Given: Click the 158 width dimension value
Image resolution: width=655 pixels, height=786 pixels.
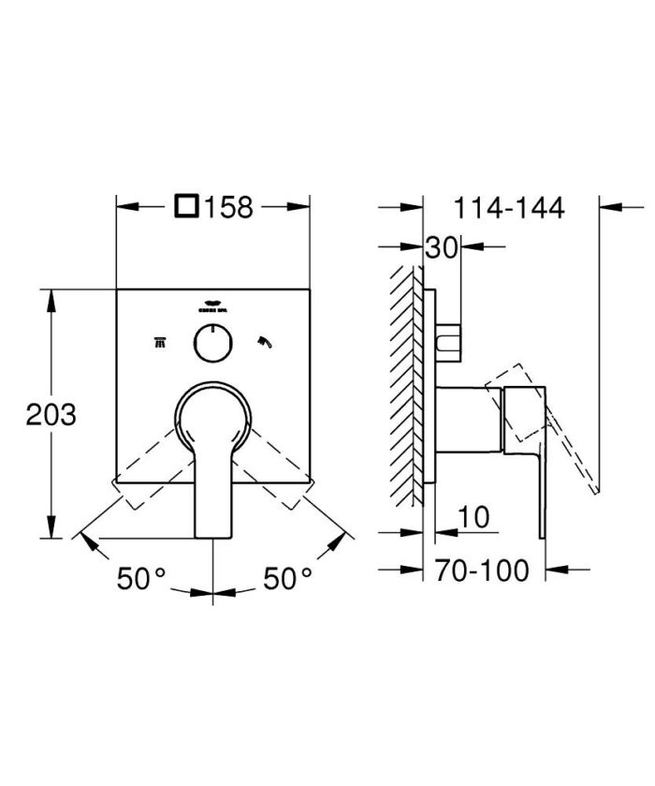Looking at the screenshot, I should tap(229, 206).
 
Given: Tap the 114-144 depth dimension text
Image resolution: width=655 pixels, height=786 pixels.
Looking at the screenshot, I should tap(510, 207).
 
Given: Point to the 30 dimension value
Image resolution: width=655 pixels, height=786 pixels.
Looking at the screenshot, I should tap(442, 248).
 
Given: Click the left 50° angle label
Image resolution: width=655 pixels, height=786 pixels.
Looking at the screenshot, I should tap(140, 579).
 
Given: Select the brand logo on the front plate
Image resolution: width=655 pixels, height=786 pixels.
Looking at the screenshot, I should tap(212, 304).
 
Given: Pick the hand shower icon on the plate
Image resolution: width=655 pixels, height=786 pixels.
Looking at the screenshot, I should tap(266, 342).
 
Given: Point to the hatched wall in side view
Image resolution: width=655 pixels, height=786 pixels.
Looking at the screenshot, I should tap(405, 375).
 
